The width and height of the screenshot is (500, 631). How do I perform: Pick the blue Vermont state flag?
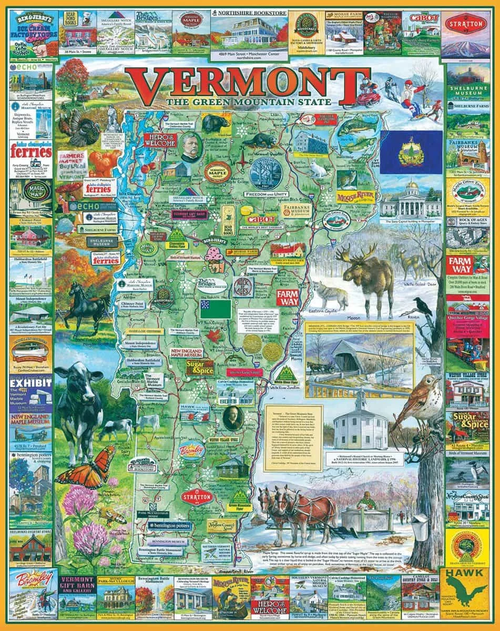[411, 152]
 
